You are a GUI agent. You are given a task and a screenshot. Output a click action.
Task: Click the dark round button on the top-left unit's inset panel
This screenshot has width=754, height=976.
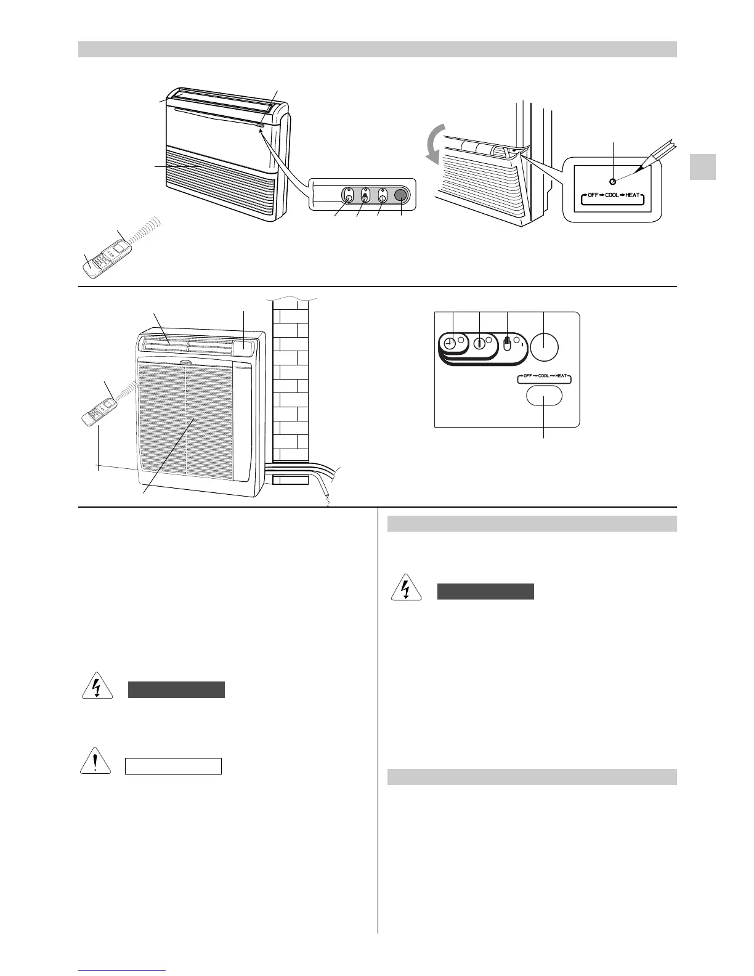(400, 195)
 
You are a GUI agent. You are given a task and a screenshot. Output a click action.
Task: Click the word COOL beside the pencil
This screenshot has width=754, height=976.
(612, 195)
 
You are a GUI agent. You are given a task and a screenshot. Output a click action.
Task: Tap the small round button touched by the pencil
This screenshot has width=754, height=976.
(612, 181)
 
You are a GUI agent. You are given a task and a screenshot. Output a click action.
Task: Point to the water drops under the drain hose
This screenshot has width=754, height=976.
(326, 502)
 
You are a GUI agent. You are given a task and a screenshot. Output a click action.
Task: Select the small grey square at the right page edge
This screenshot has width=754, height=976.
(702, 166)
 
